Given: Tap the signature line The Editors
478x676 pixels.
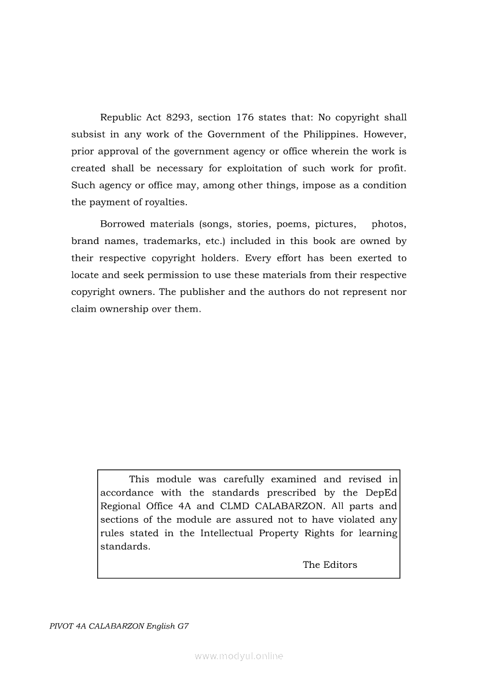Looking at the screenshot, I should click(330, 565).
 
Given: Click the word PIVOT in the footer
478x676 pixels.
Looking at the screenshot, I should click(61, 626).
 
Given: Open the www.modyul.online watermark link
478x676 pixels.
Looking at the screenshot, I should click(239, 656).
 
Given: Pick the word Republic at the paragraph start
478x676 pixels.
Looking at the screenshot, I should click(121, 117).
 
